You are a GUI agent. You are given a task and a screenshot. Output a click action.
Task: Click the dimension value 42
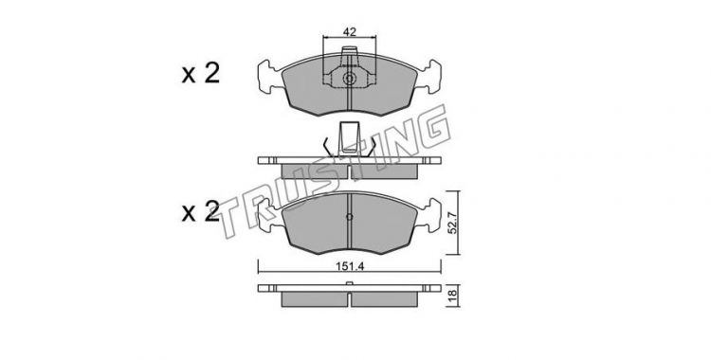tap(349, 32)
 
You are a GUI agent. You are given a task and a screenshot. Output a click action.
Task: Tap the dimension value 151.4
tap(350, 266)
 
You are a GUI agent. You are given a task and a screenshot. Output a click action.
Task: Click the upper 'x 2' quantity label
tap(201, 73)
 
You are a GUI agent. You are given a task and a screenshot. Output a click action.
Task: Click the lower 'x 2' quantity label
tap(201, 211)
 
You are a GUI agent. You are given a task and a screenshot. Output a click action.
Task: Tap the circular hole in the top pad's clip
tap(349, 79)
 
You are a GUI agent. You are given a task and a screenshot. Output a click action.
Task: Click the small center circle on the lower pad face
tap(349, 217)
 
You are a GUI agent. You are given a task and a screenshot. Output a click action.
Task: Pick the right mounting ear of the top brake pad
tap(428, 77)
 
